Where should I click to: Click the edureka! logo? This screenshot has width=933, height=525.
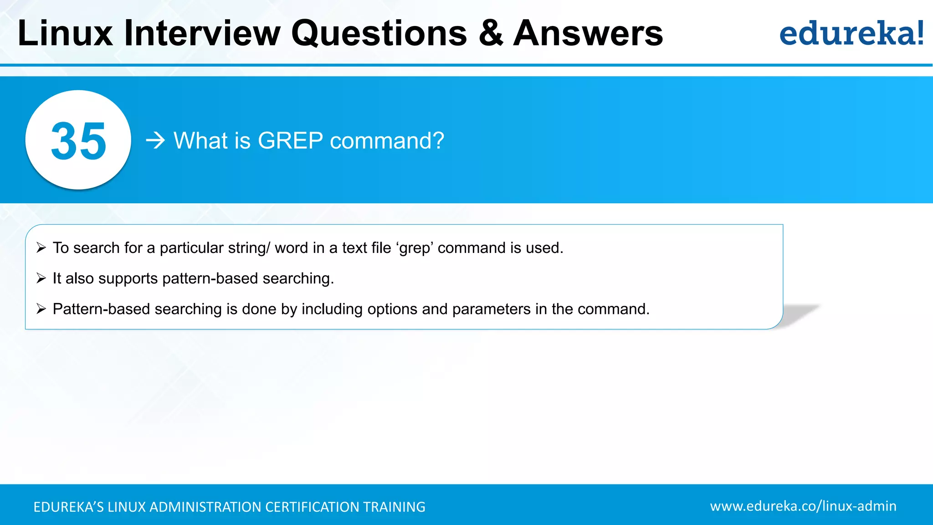point(851,34)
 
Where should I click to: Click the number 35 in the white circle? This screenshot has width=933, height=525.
point(78,141)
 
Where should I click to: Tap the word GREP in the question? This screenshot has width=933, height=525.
point(290,140)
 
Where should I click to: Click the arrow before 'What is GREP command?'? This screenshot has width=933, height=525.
point(155,140)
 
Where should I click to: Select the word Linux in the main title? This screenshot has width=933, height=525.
point(65,34)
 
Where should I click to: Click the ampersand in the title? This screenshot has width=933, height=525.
point(491,34)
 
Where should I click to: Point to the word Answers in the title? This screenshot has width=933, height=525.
point(588,34)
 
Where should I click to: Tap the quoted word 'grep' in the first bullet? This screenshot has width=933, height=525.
point(415,248)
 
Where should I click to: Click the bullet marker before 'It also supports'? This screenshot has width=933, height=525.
point(41,278)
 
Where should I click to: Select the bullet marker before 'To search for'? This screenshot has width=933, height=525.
point(41,248)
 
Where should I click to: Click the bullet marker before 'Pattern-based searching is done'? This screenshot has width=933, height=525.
point(41,309)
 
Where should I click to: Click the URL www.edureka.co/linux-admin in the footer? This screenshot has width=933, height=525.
point(803,506)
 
